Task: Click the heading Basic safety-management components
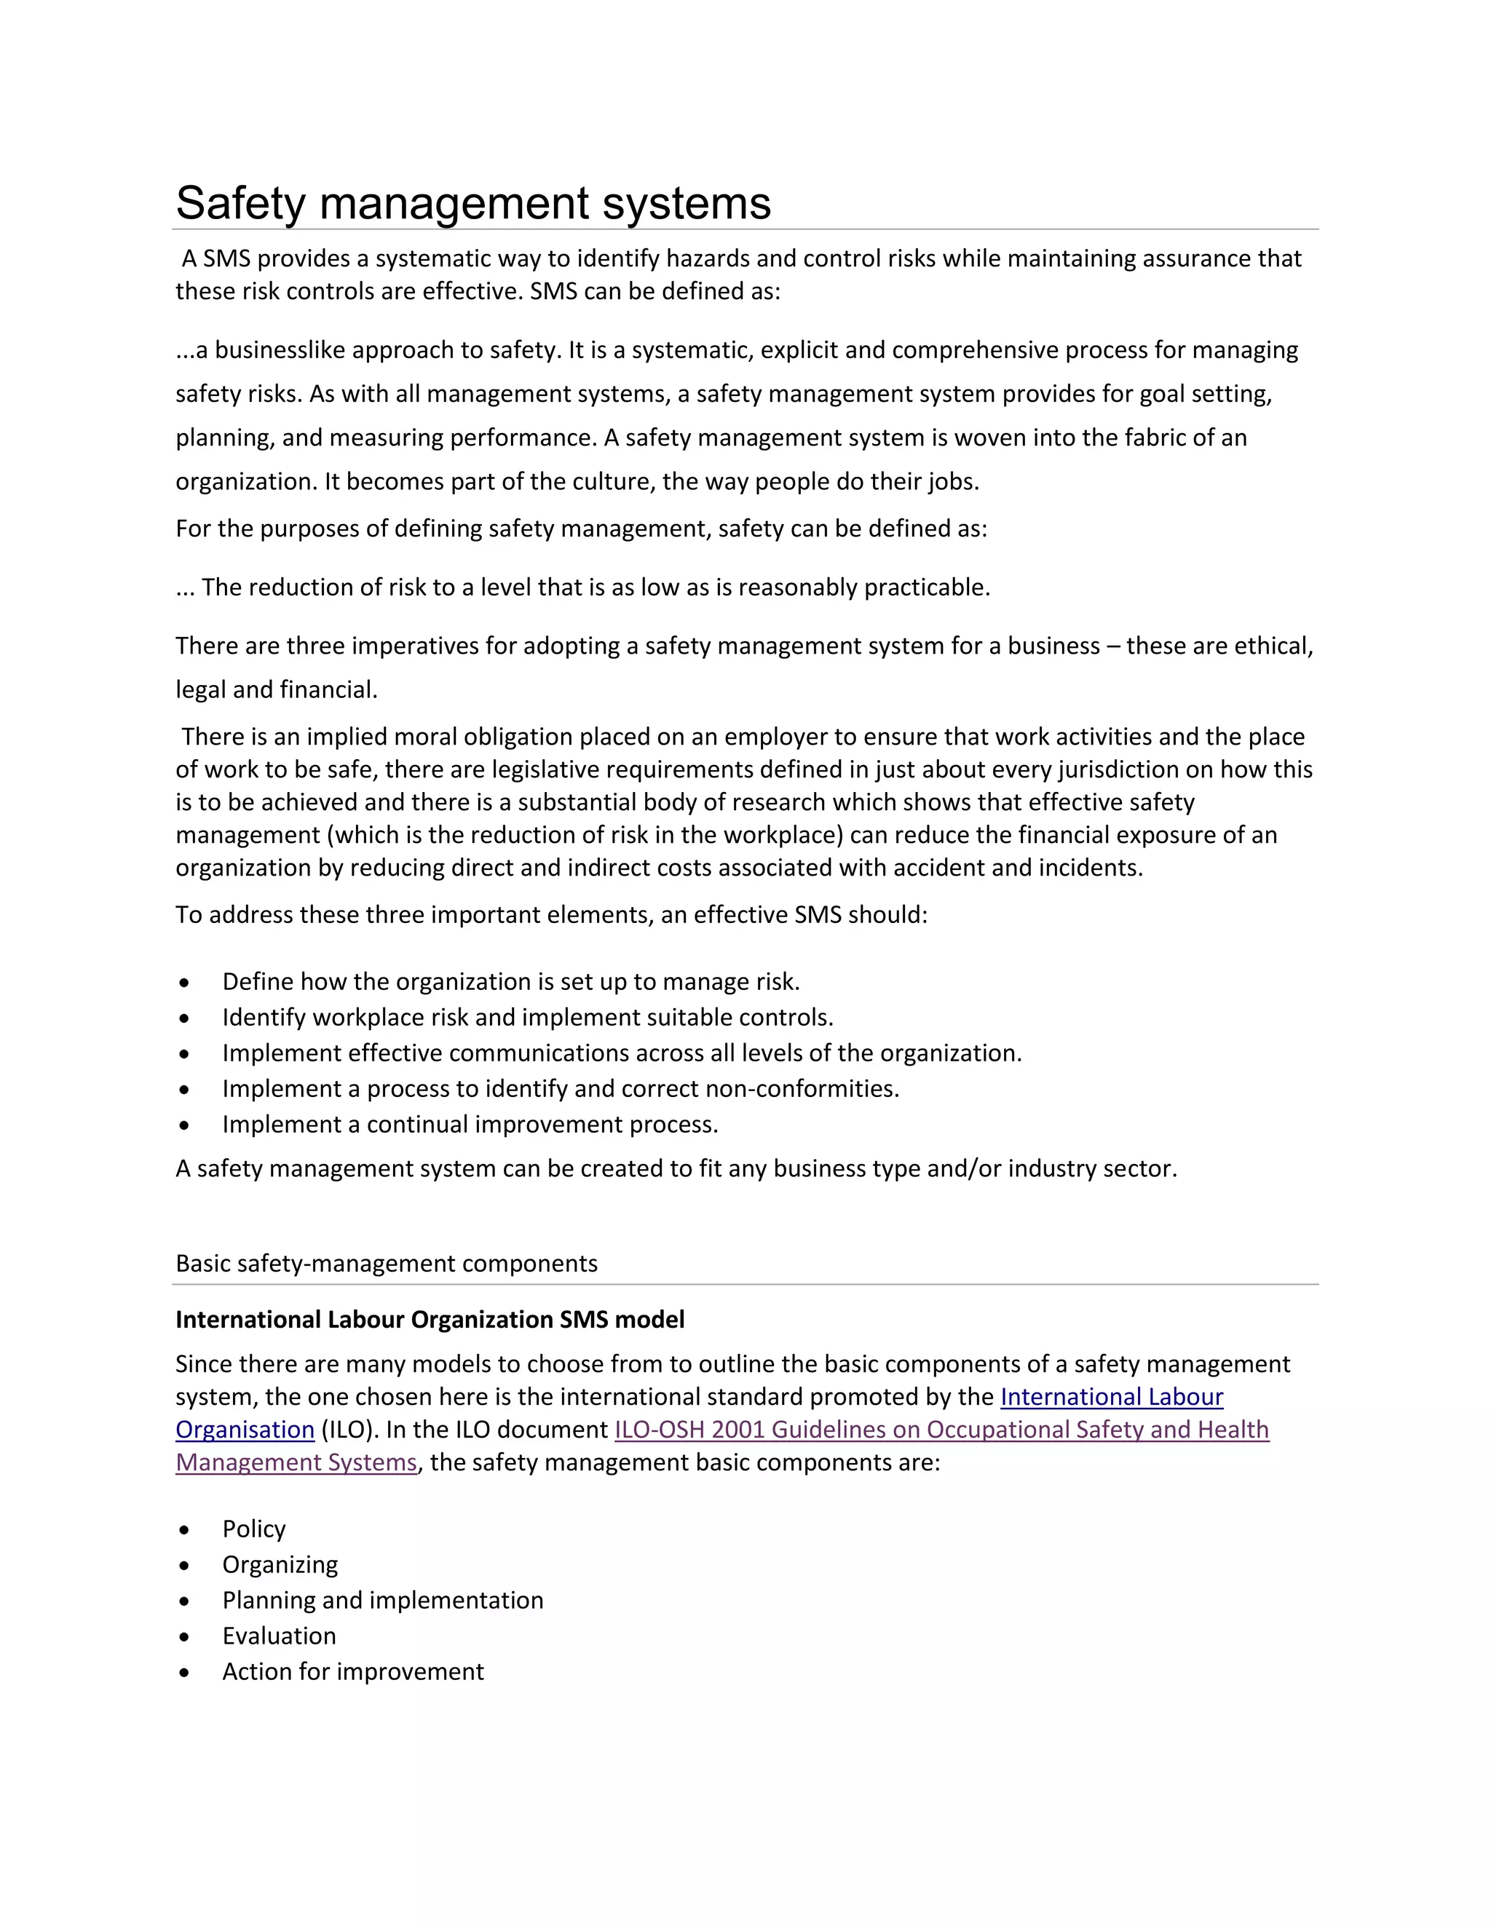tap(386, 1263)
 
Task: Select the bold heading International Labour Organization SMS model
tap(430, 1320)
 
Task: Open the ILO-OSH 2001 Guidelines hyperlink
tap(941, 1429)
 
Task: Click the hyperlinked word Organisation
tap(245, 1429)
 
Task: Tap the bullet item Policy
tap(253, 1529)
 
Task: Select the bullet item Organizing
tap(280, 1564)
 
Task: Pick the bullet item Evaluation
tap(279, 1636)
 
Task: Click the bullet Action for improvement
tap(352, 1671)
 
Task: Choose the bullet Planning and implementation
tap(382, 1601)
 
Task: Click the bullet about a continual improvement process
tap(470, 1125)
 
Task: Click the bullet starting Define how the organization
tap(510, 981)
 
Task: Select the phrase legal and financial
tap(276, 690)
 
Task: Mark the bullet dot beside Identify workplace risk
tap(183, 1018)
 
